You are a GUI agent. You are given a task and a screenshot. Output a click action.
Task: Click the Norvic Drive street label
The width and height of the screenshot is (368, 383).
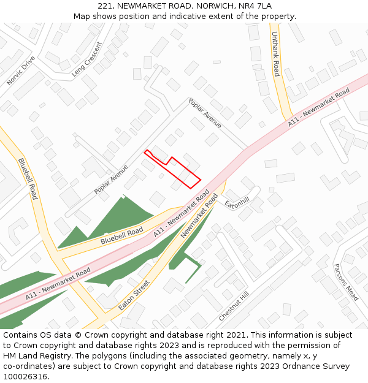[x=21, y=70]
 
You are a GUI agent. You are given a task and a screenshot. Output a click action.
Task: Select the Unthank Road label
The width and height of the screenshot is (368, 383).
[x=276, y=54]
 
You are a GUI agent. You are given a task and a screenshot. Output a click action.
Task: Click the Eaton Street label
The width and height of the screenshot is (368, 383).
[x=134, y=295]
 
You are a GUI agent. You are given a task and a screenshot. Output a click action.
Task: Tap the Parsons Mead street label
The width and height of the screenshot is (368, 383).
[x=345, y=282]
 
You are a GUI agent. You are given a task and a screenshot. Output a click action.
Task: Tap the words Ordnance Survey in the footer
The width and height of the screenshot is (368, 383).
[x=313, y=366]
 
